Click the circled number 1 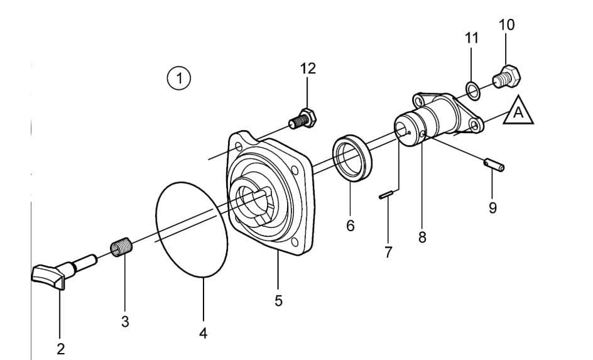(180, 79)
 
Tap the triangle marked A (518, 112)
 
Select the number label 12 (308, 68)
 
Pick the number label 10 (506, 25)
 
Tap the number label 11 (471, 38)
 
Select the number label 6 (351, 224)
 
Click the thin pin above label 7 (388, 196)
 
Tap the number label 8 (422, 237)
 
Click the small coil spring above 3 (122, 246)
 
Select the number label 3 (125, 322)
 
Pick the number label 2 (61, 347)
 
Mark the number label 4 (203, 333)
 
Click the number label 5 (278, 301)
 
